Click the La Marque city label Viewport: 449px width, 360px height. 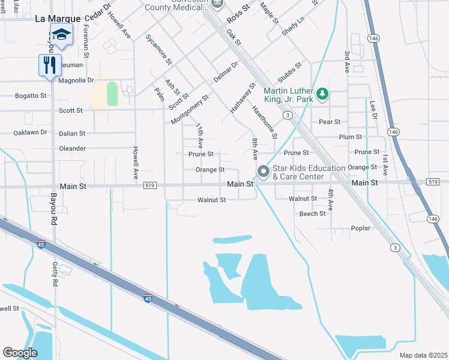[x=58, y=19]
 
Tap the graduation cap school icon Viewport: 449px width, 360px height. [x=61, y=34]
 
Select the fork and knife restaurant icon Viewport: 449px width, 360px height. [x=49, y=64]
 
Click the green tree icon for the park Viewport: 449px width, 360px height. [x=323, y=94]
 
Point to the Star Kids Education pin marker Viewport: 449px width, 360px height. [x=263, y=172]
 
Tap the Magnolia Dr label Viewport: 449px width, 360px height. [x=76, y=80]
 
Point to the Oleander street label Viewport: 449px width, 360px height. [x=72, y=148]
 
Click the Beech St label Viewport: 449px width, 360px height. [x=312, y=214]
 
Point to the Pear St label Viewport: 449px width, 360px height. [x=330, y=122]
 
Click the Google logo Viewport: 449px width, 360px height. [x=20, y=353]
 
